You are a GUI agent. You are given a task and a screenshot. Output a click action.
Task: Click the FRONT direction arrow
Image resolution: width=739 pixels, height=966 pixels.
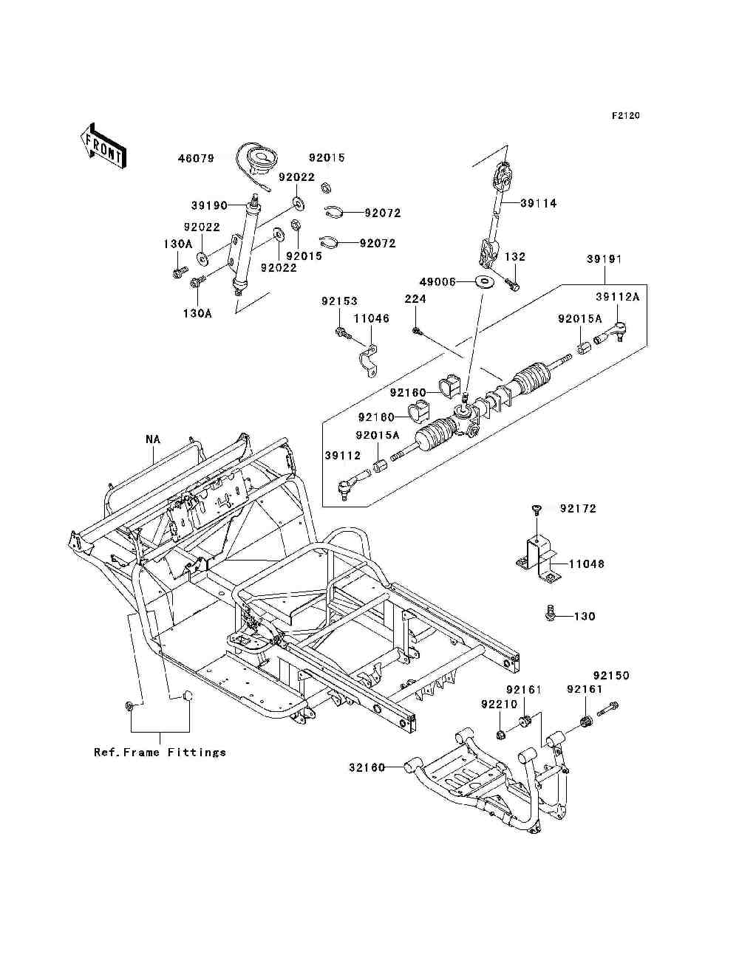pyautogui.click(x=103, y=146)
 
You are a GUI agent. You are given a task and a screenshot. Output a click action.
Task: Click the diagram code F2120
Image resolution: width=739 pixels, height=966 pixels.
pyautogui.click(x=625, y=116)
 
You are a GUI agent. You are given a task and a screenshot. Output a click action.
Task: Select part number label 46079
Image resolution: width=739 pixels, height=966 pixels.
pyautogui.click(x=196, y=158)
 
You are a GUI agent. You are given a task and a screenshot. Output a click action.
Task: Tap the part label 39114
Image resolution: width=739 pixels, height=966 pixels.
pyautogui.click(x=538, y=203)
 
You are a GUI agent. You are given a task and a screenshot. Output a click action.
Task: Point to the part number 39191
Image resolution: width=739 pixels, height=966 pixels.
pyautogui.click(x=604, y=259)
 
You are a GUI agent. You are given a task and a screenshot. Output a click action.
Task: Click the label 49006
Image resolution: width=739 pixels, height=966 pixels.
pyautogui.click(x=437, y=281)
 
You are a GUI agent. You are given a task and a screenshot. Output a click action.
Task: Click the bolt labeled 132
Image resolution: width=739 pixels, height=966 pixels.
pyautogui.click(x=512, y=284)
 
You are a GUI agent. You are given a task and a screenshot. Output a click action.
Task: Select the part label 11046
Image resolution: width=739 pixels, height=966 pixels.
pyautogui.click(x=371, y=318)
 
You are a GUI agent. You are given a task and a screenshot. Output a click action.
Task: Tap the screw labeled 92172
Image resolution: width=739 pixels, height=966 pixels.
pyautogui.click(x=537, y=510)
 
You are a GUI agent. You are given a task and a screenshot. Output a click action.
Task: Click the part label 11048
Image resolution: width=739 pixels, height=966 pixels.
pyautogui.click(x=587, y=563)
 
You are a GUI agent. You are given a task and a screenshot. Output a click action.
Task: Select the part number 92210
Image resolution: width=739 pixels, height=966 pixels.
pyautogui.click(x=499, y=705)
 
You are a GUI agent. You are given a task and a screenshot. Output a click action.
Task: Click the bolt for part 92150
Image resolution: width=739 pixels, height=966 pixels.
pyautogui.click(x=607, y=708)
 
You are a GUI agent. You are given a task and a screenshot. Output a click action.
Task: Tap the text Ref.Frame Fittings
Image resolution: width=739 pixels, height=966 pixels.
pyautogui.click(x=160, y=752)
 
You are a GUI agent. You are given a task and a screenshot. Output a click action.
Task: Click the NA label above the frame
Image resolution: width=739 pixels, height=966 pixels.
pyautogui.click(x=153, y=439)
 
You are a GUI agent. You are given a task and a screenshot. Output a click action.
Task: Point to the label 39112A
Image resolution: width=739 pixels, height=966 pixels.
pyautogui.click(x=618, y=297)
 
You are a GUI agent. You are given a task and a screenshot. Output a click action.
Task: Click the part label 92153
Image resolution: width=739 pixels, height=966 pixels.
pyautogui.click(x=339, y=301)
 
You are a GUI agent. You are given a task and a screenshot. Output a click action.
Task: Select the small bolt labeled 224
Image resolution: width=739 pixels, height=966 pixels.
pyautogui.click(x=416, y=330)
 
